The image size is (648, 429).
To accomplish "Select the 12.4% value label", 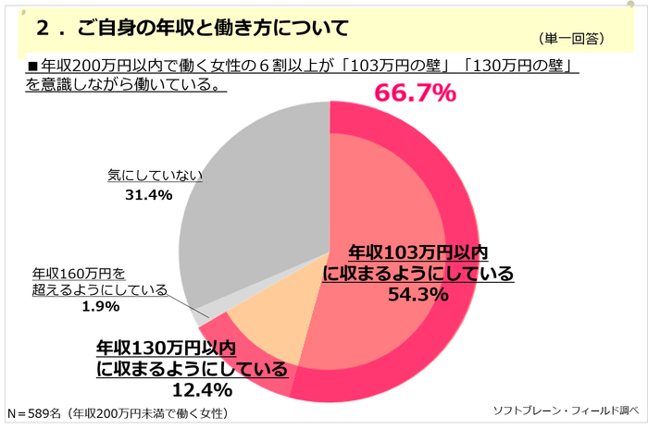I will click(x=193, y=389).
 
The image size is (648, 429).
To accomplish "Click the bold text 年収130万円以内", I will click(x=168, y=349).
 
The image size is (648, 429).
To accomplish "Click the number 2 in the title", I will click(x=43, y=30).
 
